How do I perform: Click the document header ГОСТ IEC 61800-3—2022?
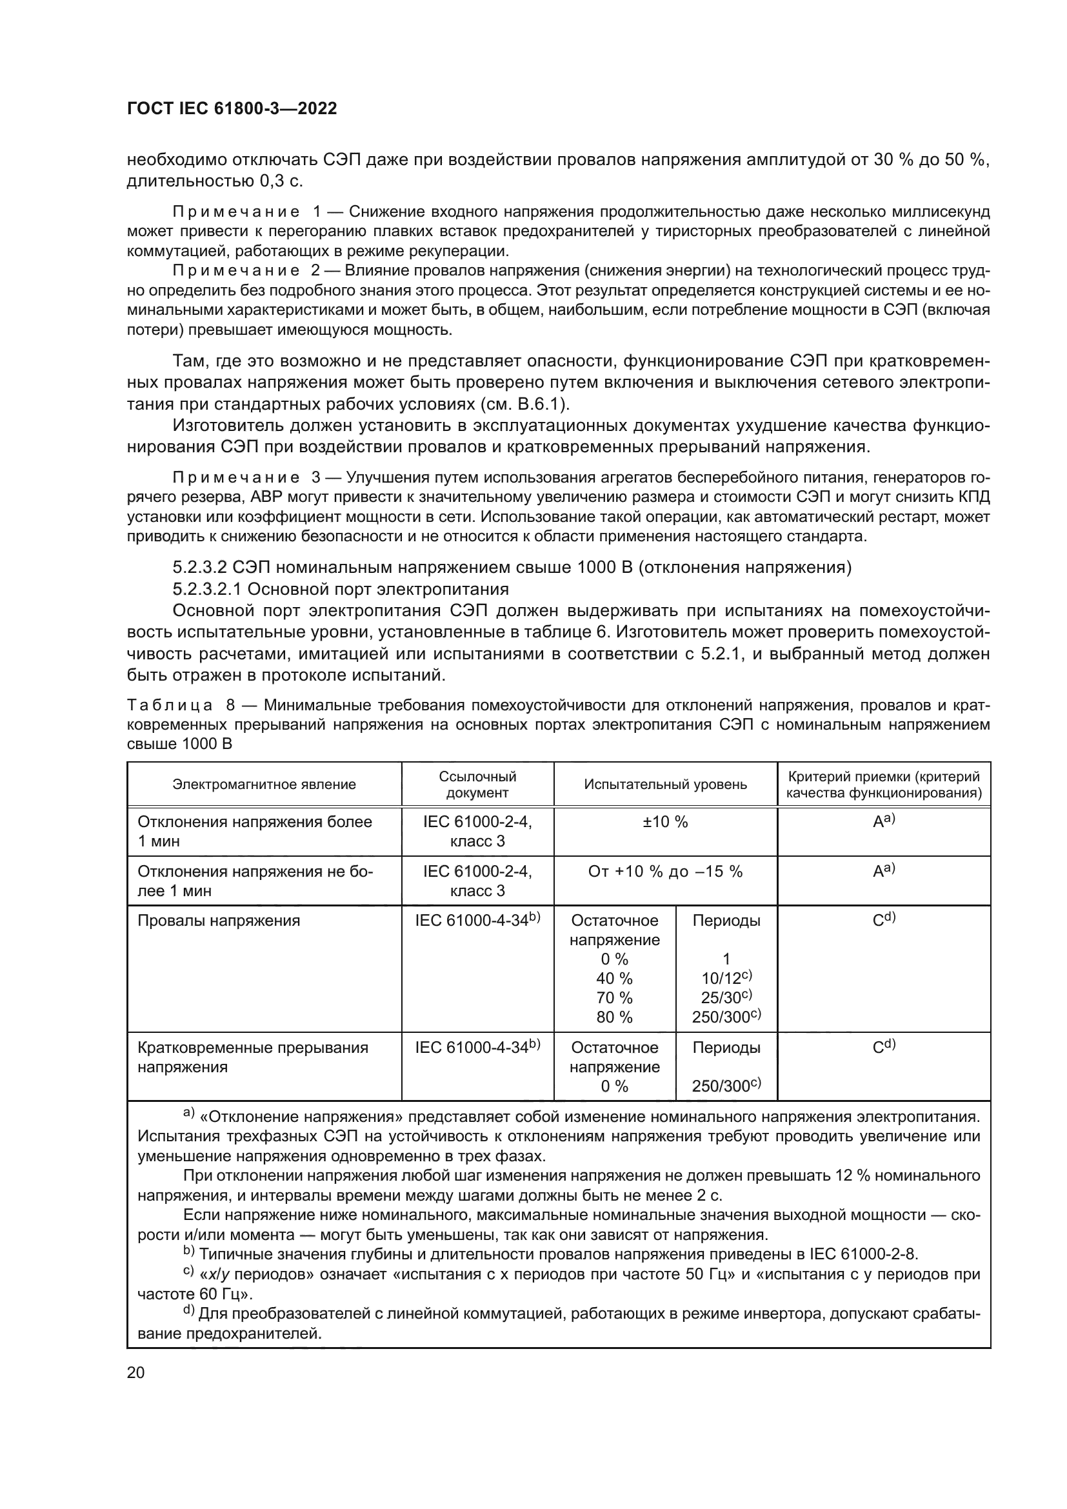pos(232,109)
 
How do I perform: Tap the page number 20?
pos(135,1372)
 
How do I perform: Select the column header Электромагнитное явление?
pos(264,784)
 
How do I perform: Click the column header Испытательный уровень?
pos(665,784)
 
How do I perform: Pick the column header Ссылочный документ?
pos(477,784)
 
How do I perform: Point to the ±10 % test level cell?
pos(665,822)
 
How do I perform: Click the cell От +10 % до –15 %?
pos(665,872)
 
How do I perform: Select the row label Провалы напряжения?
pos(218,921)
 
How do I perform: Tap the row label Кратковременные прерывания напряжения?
pos(252,1057)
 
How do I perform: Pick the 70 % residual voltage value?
pos(614,997)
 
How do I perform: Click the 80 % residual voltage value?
pos(614,1017)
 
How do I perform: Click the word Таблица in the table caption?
pos(170,706)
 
